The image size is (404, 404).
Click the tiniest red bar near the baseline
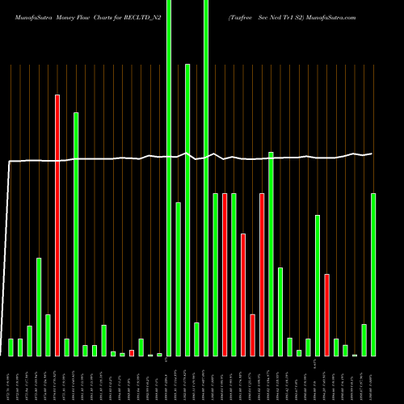point(132,352)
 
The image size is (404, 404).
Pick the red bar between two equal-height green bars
point(225,275)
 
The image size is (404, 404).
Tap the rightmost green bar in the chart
point(373,275)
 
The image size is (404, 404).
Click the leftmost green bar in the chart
point(11,347)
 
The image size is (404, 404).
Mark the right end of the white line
point(372,154)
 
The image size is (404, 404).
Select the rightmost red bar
point(327,314)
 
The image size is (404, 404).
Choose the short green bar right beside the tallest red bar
point(67,347)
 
